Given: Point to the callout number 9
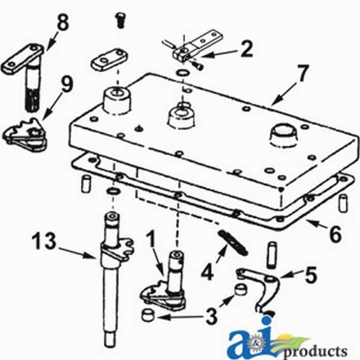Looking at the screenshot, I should click(67, 85).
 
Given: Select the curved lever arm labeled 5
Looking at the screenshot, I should click(259, 288).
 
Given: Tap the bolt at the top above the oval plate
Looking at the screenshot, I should click(120, 20).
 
